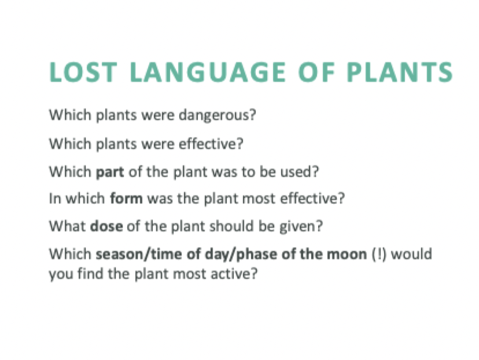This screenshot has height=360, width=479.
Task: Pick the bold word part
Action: [x=108, y=172]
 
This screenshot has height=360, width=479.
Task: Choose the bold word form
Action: [x=127, y=200]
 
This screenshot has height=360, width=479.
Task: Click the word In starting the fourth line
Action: [x=54, y=200]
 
